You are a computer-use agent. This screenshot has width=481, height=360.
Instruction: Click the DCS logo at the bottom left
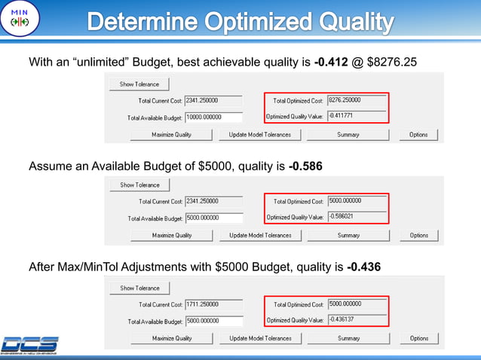(30, 344)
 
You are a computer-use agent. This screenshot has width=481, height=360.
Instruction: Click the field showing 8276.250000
(356, 100)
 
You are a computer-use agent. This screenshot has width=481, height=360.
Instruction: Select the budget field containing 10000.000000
(213, 117)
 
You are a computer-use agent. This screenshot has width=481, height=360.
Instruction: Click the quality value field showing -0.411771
(356, 116)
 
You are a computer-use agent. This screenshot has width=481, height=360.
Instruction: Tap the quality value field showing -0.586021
(356, 216)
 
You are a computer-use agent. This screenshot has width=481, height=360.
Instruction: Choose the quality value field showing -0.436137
(356, 320)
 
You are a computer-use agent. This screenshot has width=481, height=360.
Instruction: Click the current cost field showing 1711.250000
(213, 305)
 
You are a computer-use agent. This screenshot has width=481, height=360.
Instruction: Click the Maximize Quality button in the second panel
(172, 235)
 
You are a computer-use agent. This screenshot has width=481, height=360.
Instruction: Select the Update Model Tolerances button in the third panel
(260, 339)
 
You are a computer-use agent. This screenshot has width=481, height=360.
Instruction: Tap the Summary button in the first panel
(348, 135)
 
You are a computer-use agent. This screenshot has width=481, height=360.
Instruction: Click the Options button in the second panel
(419, 235)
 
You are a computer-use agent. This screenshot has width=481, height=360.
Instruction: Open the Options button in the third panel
(419, 339)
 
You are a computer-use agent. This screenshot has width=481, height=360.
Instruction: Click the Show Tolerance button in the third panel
(139, 288)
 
